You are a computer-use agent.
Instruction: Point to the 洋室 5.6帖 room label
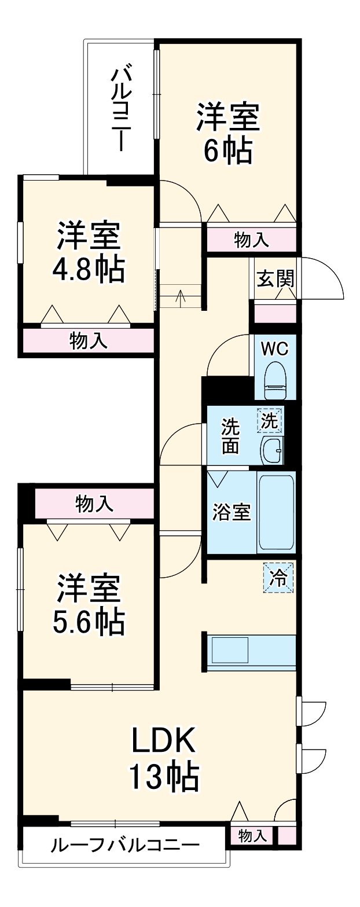pyautogui.click(x=89, y=605)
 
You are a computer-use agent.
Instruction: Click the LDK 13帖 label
pyautogui.click(x=164, y=759)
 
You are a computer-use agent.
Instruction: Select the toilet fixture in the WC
pyautogui.click(x=275, y=381)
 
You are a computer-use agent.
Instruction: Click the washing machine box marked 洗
pyautogui.click(x=270, y=421)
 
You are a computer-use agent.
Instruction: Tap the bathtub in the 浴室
pyautogui.click(x=276, y=512)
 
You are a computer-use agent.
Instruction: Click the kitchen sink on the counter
pyautogui.click(x=229, y=650)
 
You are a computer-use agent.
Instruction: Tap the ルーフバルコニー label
pyautogui.click(x=124, y=846)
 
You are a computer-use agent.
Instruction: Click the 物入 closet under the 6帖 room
pyautogui.click(x=251, y=240)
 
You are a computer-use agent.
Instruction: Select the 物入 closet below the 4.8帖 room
pyautogui.click(x=89, y=341)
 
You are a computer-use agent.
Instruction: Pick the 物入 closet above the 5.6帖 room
pyautogui.click(x=94, y=504)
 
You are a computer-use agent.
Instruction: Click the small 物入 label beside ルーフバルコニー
pyautogui.click(x=253, y=836)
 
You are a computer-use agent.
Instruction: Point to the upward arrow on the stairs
pyautogui.click(x=181, y=298)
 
